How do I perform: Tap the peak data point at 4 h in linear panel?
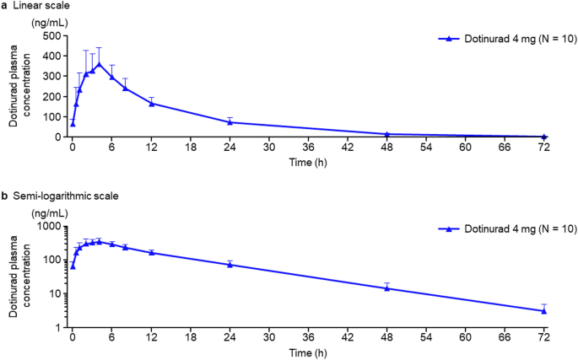click(99, 63)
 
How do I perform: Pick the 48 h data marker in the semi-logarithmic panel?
click(386, 287)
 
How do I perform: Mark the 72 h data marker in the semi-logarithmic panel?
click(543, 310)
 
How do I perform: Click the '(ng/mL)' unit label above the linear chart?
click(47, 22)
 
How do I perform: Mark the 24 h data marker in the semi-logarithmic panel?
click(230, 265)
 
